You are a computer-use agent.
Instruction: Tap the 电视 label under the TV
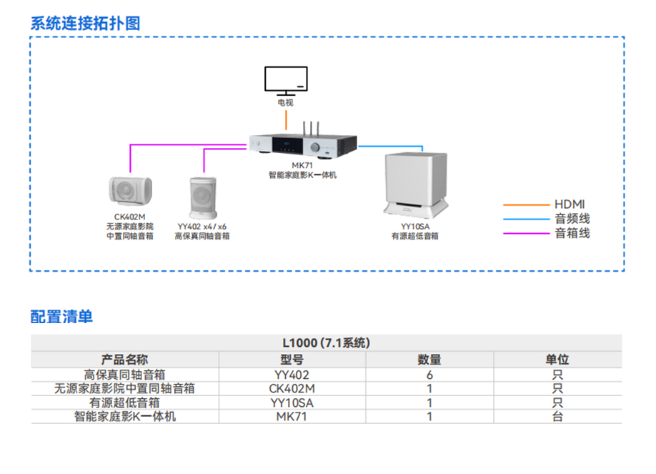[x=286, y=103]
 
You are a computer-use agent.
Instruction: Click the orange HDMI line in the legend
[x=525, y=204]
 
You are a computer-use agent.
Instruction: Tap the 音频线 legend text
[x=572, y=219]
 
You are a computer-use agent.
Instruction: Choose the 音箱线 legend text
[x=572, y=233]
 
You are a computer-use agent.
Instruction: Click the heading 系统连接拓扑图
[x=85, y=23]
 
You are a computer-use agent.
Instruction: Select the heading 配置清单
[x=61, y=316]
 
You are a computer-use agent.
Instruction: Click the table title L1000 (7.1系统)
[x=326, y=343]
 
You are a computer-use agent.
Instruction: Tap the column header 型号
[x=292, y=359]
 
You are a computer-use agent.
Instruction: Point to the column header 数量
[x=429, y=359]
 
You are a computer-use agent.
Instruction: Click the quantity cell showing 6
[x=429, y=374]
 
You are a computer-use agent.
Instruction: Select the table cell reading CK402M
[x=292, y=388]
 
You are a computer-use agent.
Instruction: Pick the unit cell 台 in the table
[x=557, y=416]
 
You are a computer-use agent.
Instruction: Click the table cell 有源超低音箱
[x=124, y=403]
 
